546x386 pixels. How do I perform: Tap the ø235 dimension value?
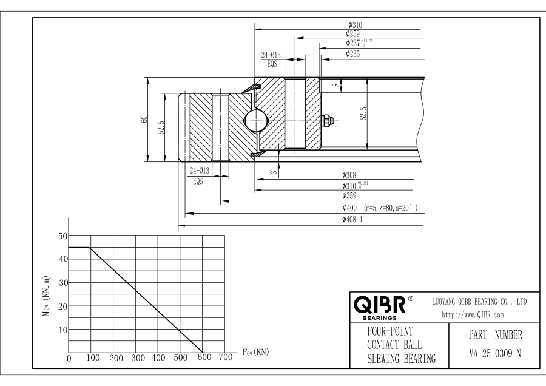click(x=352, y=54)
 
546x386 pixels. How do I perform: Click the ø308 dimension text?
click(x=349, y=175)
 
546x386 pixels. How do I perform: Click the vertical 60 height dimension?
click(x=142, y=120)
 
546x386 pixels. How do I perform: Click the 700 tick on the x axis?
click(x=225, y=357)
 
